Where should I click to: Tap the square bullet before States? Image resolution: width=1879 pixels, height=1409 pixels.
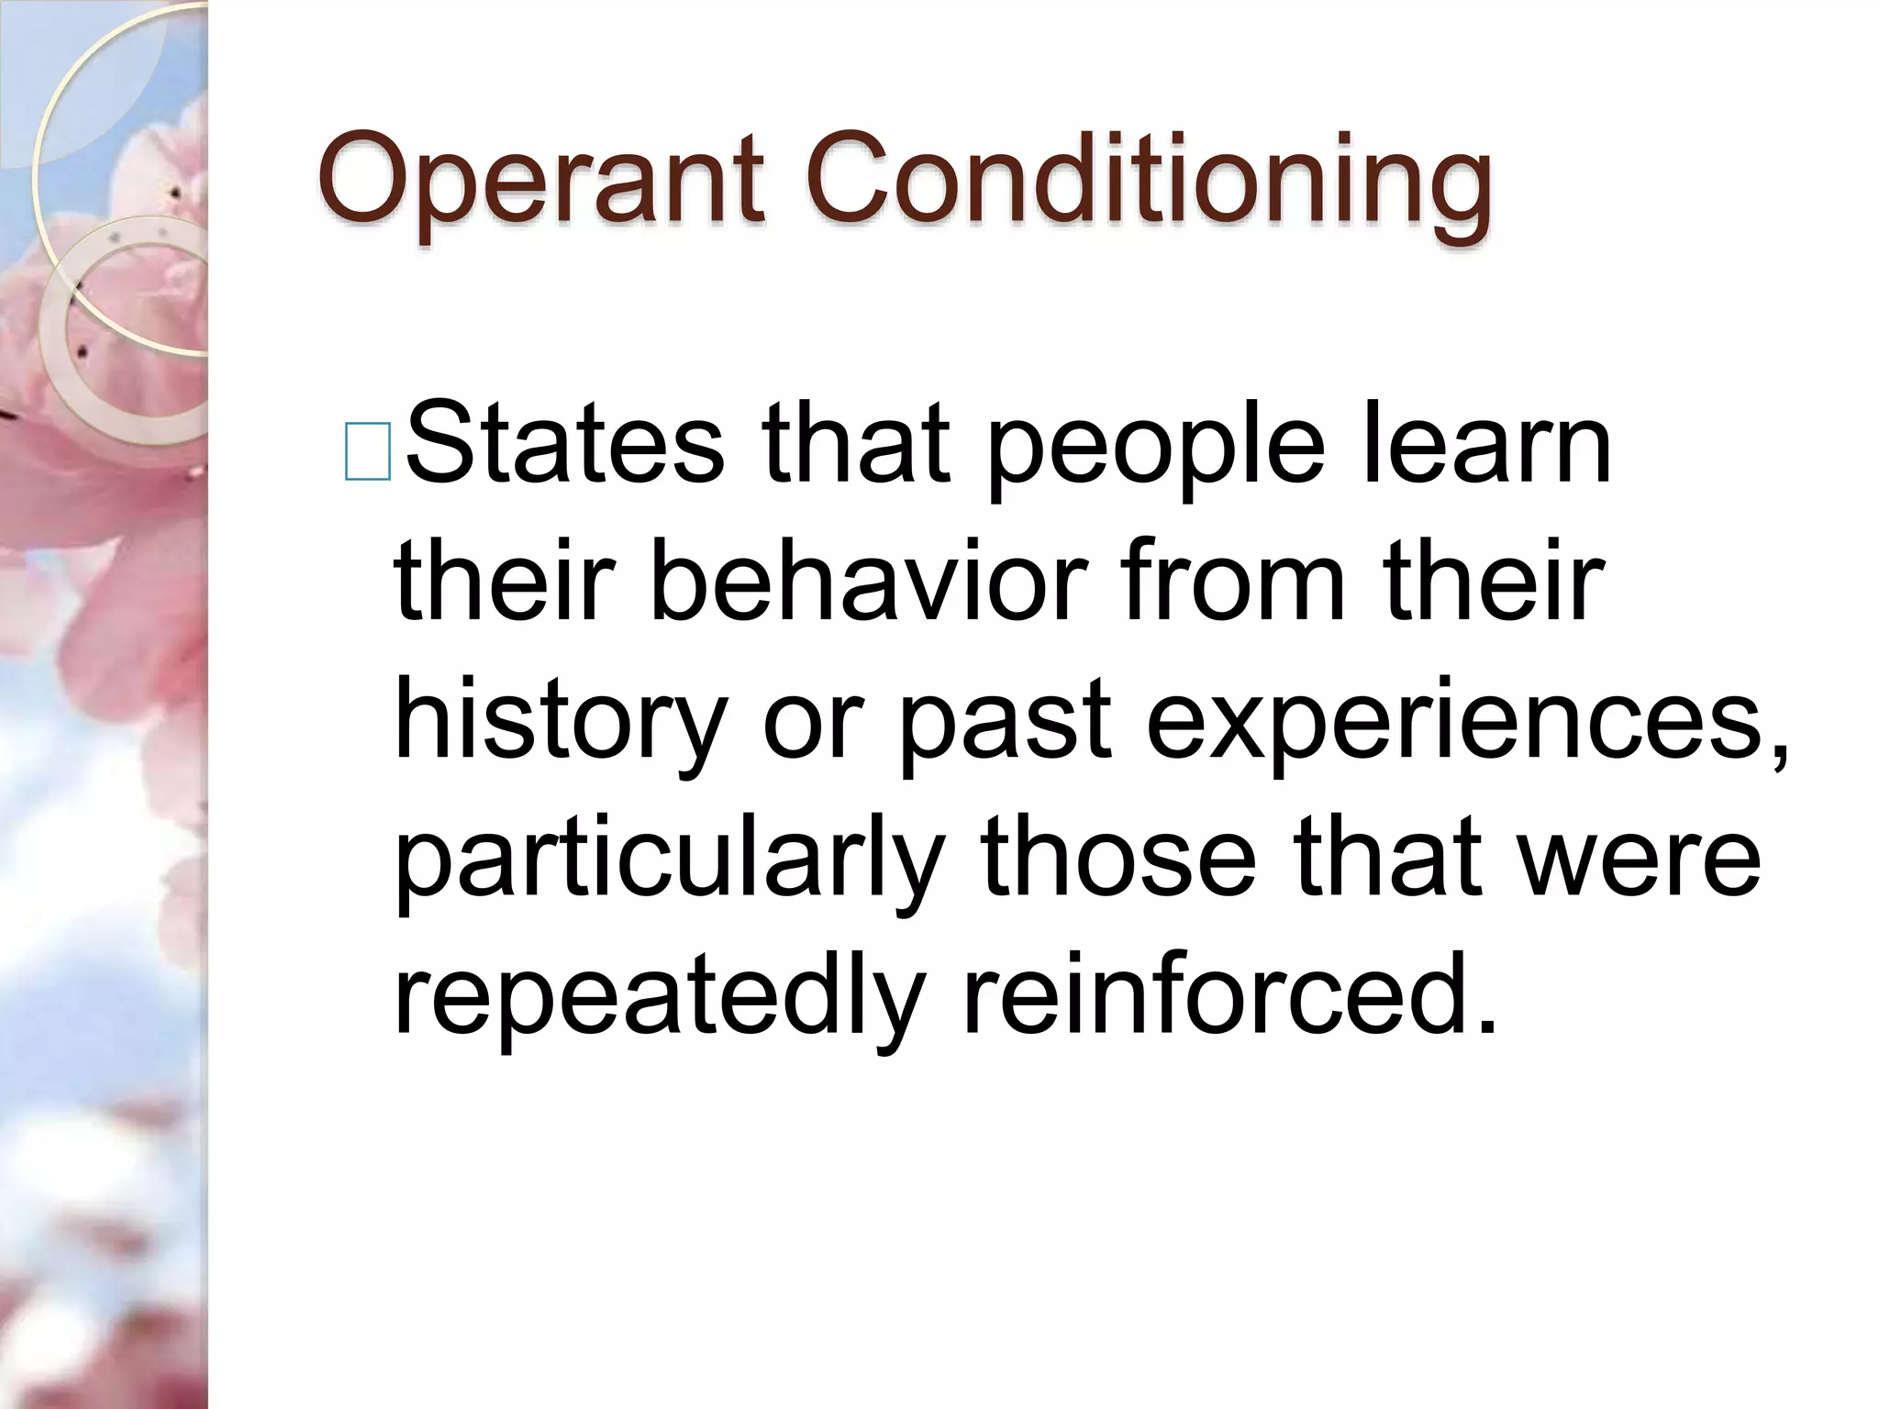coord(368,451)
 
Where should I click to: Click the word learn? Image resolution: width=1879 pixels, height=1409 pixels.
coord(1486,445)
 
